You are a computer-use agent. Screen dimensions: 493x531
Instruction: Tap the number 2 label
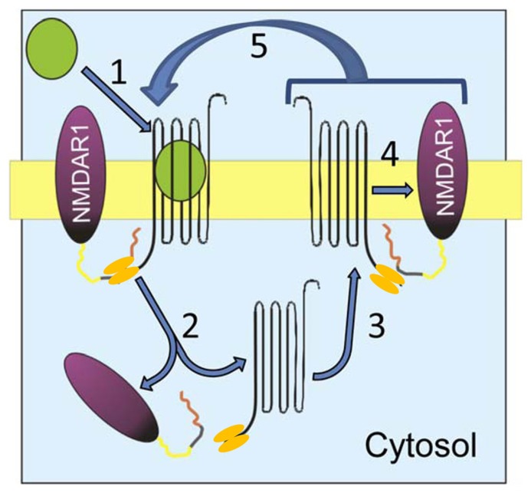tap(188, 327)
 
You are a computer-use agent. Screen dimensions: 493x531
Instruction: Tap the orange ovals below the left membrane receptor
tap(120, 269)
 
